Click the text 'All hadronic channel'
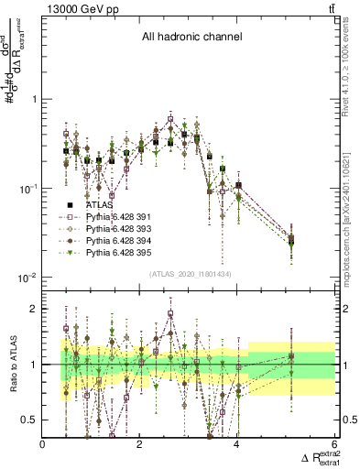tap(191, 38)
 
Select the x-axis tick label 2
tap(140, 444)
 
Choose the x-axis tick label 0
tap(43, 444)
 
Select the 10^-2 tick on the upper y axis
tap(27, 278)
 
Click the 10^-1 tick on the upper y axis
tap(27, 189)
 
